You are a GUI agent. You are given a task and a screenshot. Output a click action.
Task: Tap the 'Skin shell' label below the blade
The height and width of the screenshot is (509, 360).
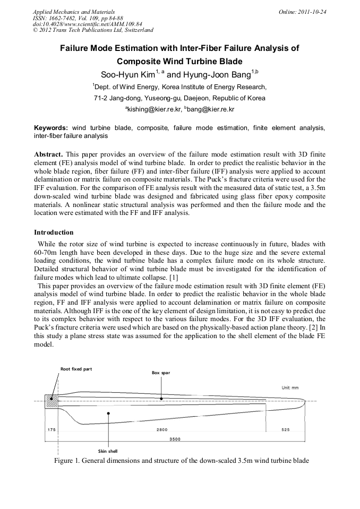click(x=108, y=451)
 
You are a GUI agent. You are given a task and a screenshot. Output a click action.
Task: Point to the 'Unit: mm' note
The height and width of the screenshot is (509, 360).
click(x=290, y=388)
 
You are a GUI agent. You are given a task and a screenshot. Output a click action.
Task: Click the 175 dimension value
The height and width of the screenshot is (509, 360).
click(x=52, y=429)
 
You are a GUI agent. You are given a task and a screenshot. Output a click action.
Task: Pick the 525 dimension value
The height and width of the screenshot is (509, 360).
click(x=286, y=429)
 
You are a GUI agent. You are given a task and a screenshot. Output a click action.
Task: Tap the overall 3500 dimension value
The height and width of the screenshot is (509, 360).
click(x=175, y=439)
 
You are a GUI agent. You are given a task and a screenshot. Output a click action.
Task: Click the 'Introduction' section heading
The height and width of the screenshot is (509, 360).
click(x=54, y=232)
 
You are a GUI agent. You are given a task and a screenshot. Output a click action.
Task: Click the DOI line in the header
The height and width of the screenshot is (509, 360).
click(x=88, y=24)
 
